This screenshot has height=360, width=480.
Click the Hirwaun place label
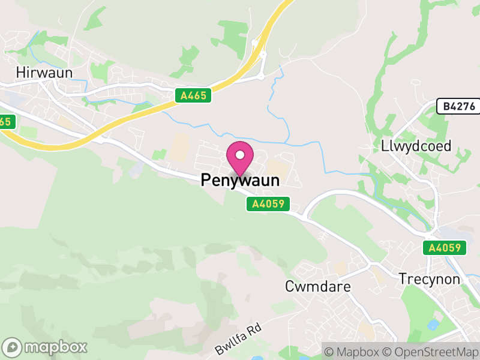tap(45, 73)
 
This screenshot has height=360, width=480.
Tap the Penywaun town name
tap(240, 180)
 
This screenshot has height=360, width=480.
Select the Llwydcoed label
tap(416, 146)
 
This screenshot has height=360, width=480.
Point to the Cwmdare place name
tap(318, 287)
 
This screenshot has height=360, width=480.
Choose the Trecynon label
tap(430, 280)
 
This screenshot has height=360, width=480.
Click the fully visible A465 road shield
tap(193, 95)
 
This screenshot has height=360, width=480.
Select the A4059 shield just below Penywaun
tap(268, 205)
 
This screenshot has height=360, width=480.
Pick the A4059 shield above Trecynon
tap(445, 248)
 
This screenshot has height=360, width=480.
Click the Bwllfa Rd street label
tap(238, 340)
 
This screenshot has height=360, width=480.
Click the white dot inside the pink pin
tap(240, 155)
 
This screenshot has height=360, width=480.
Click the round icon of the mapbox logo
tap(13, 347)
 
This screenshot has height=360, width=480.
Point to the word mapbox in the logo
tap(55, 347)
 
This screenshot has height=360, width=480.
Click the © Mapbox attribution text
tap(353, 351)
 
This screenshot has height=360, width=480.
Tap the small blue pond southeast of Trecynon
tap(432, 325)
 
